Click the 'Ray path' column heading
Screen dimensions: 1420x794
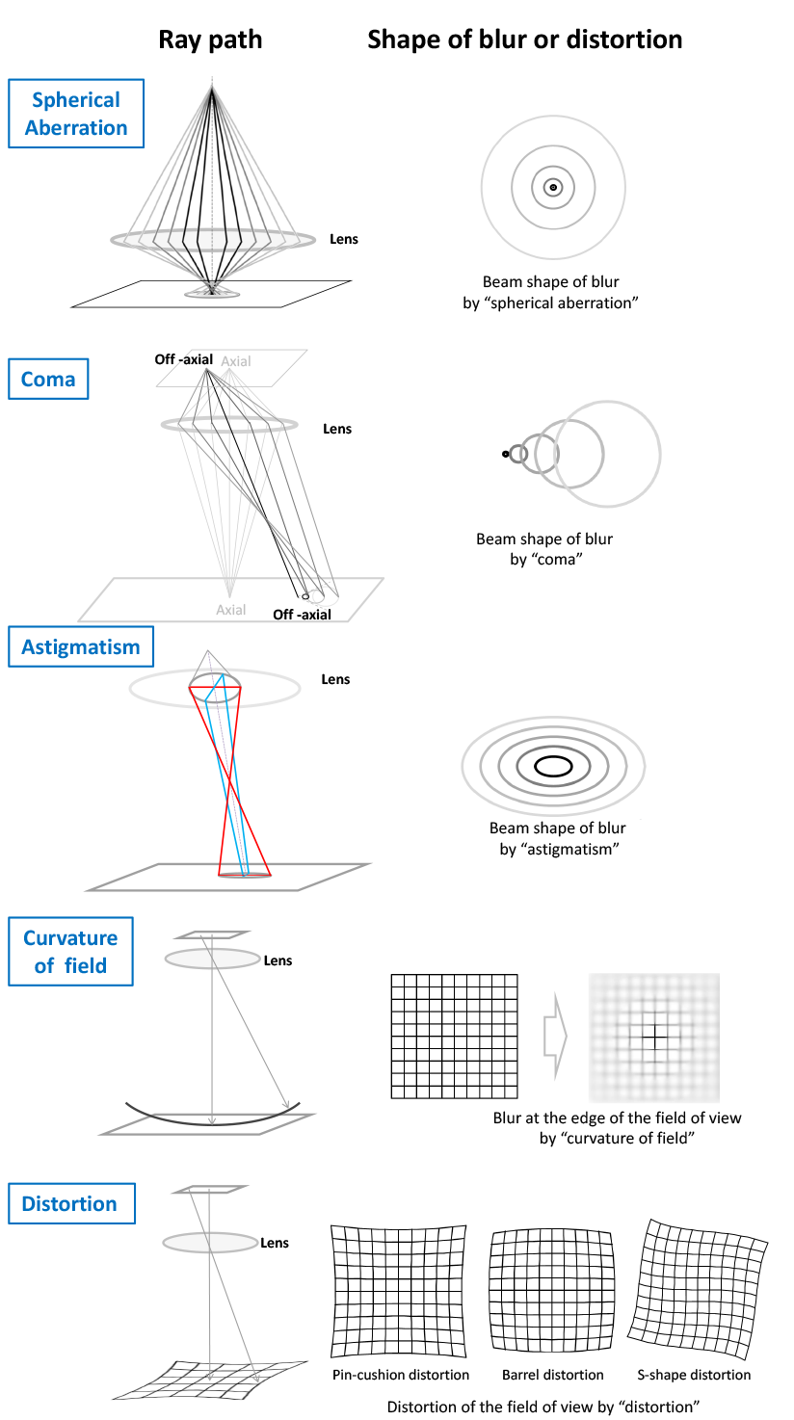point(210,39)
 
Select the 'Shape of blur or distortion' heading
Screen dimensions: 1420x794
point(524,39)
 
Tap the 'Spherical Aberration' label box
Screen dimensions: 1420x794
point(76,114)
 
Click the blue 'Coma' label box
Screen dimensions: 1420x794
point(48,379)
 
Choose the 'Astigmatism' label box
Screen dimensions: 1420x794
point(81,647)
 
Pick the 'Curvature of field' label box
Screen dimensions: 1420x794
point(70,952)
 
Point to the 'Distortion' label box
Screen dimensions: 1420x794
point(70,1204)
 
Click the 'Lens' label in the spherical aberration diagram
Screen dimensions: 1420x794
point(343,239)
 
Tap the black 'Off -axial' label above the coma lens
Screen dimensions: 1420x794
point(183,359)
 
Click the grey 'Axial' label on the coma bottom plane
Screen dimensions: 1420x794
point(231,610)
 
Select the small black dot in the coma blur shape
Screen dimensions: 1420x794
point(506,454)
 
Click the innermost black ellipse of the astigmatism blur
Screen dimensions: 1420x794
point(553,767)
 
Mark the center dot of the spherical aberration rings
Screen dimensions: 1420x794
point(553,188)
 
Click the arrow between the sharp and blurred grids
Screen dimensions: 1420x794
point(555,1037)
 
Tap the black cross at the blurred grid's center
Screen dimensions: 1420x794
point(654,1038)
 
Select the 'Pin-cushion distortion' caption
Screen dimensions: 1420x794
point(401,1375)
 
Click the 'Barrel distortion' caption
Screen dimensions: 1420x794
point(553,1375)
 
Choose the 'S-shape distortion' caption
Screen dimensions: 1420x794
point(694,1375)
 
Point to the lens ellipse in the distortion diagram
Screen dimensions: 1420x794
point(210,1243)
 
